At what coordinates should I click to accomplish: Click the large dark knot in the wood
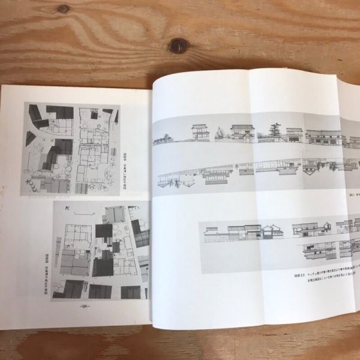[178, 46]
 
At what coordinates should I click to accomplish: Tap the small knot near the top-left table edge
[63, 8]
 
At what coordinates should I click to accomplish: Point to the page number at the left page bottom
[85, 304]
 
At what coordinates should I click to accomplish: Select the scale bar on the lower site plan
[84, 213]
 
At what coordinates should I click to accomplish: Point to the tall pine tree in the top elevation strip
[276, 131]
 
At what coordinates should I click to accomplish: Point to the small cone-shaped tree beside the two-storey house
[220, 133]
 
